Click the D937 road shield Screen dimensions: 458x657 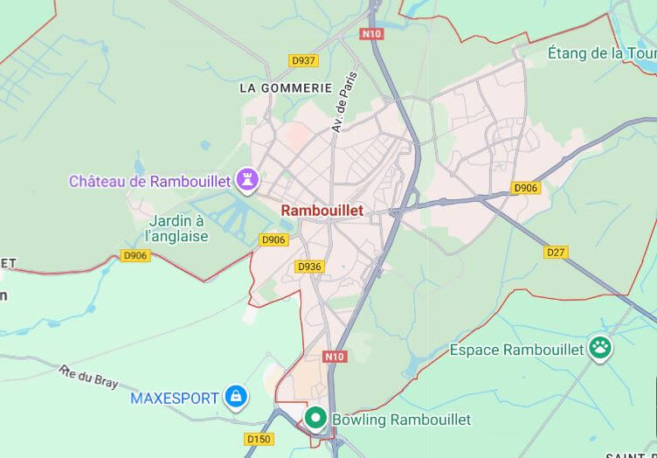click(304, 60)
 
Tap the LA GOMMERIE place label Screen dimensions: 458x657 click(286, 88)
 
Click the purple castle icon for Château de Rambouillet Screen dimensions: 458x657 click(250, 180)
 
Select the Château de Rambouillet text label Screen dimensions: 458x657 click(149, 182)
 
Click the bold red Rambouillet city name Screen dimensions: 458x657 click(322, 211)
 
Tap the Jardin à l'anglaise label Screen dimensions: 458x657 click(177, 228)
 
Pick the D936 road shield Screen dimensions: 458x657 click(309, 267)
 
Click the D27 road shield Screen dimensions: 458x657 click(556, 252)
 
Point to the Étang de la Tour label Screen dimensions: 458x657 click(602, 53)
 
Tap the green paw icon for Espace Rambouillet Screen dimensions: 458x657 click(600, 348)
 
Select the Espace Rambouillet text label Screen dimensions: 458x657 click(516, 350)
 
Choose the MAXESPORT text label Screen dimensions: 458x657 click(175, 399)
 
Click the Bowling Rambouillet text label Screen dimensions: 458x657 click(401, 420)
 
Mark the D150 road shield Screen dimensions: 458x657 click(259, 439)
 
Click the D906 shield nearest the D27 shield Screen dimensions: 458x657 click(525, 187)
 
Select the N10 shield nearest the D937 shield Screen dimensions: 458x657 click(372, 33)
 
